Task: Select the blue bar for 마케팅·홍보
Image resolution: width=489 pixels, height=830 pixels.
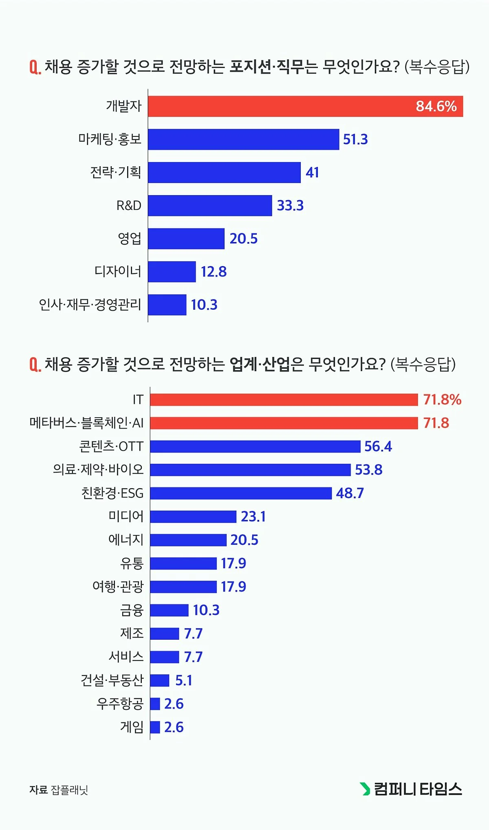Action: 243,139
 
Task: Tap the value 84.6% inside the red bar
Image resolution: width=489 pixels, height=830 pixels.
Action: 436,106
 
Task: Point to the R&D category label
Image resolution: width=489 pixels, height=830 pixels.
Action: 129,205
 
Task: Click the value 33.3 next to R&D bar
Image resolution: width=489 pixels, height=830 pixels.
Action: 290,205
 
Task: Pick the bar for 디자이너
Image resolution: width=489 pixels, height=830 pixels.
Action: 172,271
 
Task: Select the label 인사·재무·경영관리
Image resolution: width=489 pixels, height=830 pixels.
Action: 90,304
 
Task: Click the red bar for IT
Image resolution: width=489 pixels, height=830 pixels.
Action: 284,400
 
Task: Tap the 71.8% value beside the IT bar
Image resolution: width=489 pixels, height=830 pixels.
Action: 442,400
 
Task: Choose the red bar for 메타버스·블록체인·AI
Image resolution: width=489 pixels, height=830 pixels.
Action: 284,423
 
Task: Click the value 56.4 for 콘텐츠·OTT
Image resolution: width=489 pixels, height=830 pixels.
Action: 378,446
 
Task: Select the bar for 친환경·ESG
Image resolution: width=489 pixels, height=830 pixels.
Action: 240,493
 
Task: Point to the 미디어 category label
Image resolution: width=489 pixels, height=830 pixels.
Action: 126,516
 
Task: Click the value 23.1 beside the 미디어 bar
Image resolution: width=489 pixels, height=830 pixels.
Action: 253,516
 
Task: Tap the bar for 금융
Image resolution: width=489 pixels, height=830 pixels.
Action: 169,610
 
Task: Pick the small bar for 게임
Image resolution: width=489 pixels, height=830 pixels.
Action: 155,727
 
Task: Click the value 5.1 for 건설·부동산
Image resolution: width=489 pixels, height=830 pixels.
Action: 183,680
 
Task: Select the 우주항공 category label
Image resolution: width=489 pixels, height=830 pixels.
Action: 120,704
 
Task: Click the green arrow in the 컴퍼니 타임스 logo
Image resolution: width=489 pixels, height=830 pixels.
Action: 365,789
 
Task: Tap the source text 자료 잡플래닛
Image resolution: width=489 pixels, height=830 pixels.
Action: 59,790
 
